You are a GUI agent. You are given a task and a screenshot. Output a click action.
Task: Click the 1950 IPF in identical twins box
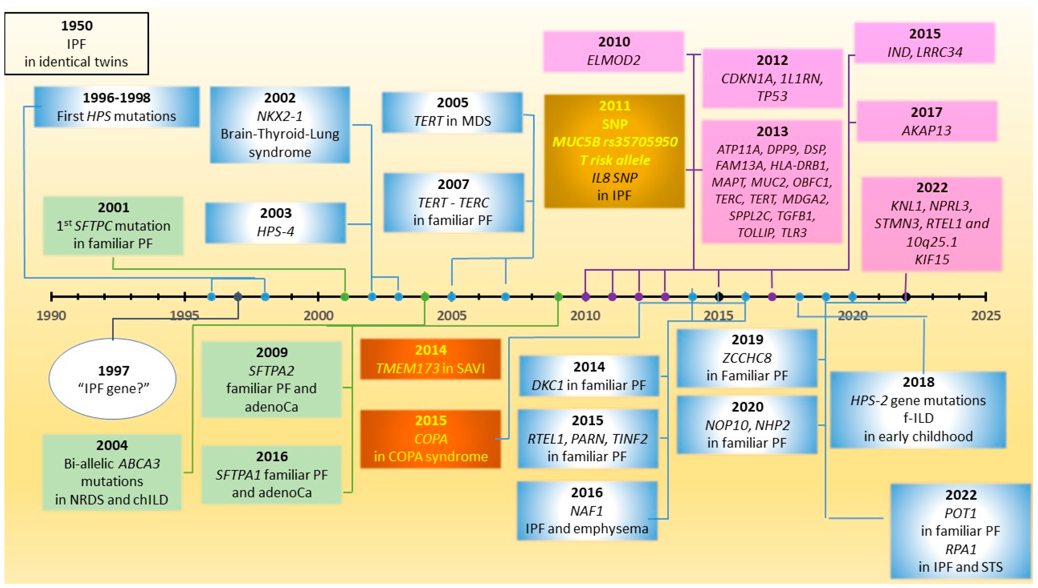pos(76,44)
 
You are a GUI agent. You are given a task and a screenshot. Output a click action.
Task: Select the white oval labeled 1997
pos(113,379)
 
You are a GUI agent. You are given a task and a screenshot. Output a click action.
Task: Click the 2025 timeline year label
pos(986,315)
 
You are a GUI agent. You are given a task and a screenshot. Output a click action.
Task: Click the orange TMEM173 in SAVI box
pos(430,359)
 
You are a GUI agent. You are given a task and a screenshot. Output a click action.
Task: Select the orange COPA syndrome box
pos(430,439)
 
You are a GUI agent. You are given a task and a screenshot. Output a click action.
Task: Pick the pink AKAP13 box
pos(926,121)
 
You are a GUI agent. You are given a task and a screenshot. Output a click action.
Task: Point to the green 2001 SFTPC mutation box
pos(113,225)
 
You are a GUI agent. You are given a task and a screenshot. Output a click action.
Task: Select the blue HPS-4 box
pos(275,223)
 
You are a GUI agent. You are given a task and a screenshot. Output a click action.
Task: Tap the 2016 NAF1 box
pos(587,511)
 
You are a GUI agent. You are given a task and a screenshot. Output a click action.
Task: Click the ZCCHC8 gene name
pos(747,358)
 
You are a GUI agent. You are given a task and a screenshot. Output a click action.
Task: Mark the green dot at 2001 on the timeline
pos(345,297)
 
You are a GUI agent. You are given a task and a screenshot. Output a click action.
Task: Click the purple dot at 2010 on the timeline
pos(585,297)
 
